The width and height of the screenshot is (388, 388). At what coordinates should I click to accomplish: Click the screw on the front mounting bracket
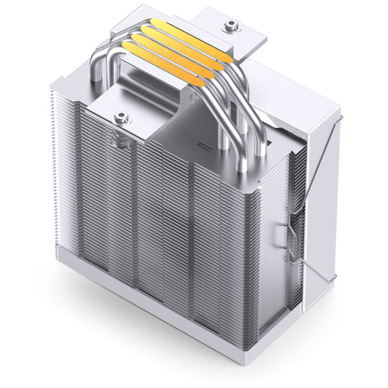(121, 118)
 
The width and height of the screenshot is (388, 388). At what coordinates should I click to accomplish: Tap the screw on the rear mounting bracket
(232, 25)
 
